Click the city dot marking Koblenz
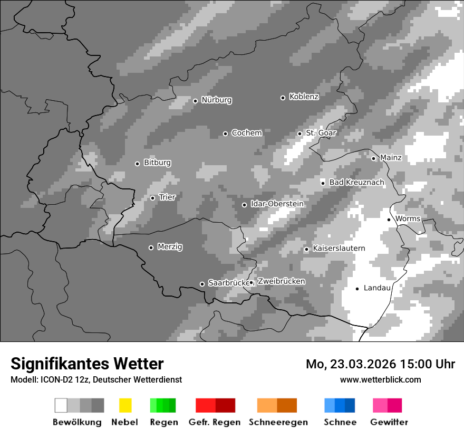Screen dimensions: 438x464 point(283,98)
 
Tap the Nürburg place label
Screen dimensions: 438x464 point(216,100)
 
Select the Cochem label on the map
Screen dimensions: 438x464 point(246,133)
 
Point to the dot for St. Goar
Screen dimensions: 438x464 point(299,134)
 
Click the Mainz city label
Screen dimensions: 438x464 point(391,158)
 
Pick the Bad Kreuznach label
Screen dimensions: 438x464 point(356,183)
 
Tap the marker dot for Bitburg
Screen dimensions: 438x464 point(137,164)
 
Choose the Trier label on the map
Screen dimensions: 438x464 point(167,197)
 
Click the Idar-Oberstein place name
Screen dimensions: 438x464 point(277,204)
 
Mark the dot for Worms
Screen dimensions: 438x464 point(389,220)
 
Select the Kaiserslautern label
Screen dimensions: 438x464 point(339,249)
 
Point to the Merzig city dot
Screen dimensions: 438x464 point(151,247)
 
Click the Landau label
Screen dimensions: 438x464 point(377,288)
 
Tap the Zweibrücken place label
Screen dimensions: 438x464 point(281,282)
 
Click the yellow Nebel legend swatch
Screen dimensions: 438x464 point(125,405)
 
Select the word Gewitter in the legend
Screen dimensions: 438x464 point(389,422)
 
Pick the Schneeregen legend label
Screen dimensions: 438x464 point(278,422)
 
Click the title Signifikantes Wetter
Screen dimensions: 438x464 point(87,364)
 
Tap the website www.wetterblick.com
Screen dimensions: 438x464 point(380,379)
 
